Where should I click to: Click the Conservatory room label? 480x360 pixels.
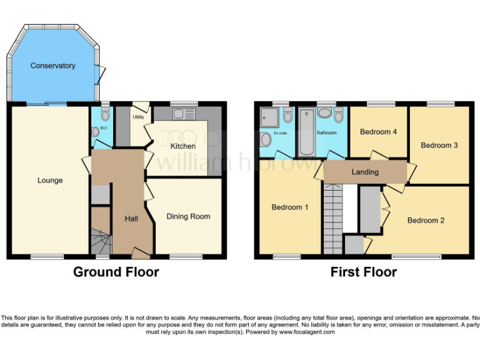[52, 66]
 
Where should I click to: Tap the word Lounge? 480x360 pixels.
[50, 181]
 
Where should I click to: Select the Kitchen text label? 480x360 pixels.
[183, 146]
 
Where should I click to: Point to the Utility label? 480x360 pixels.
[138, 117]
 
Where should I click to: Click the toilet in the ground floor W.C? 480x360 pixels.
[105, 115]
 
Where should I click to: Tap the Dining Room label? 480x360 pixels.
[188, 216]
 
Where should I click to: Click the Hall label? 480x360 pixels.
[131, 219]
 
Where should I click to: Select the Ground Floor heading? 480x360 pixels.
[116, 272]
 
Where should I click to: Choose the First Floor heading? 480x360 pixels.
[364, 272]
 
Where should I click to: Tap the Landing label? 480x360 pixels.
[365, 172]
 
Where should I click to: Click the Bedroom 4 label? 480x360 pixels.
[379, 132]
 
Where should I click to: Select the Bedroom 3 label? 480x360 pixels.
[439, 145]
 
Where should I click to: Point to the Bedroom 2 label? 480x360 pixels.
[426, 220]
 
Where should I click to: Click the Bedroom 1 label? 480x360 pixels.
[290, 207]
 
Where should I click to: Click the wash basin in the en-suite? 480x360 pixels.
[265, 138]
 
